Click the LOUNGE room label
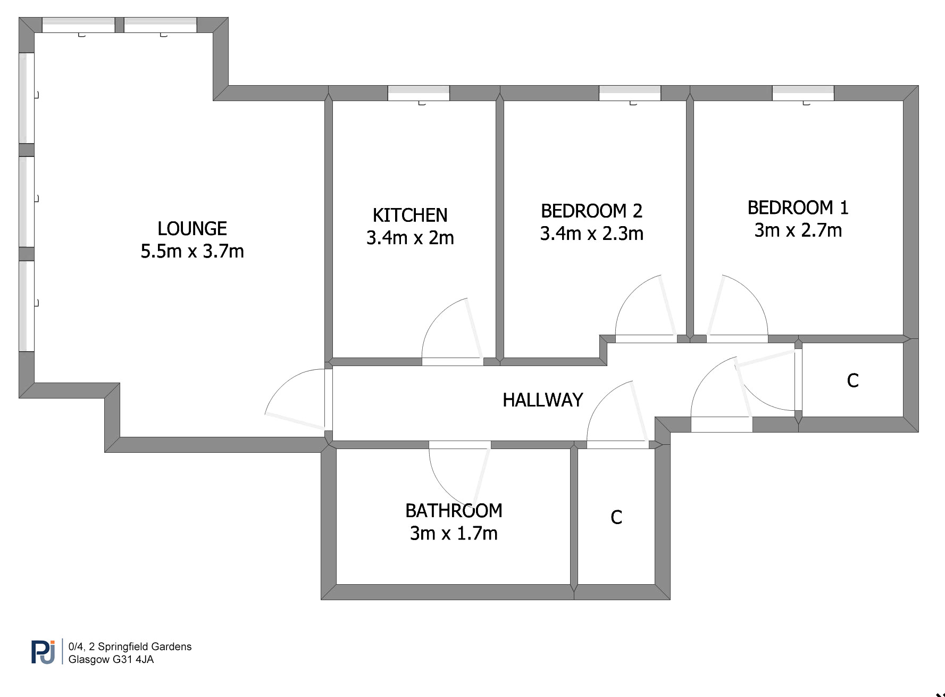[192, 229]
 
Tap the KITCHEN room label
[410, 215]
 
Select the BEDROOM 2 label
[591, 211]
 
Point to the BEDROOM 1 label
[798, 208]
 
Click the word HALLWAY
[542, 400]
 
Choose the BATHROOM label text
[454, 511]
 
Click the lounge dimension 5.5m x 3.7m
[192, 251]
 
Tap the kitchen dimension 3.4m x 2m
[410, 238]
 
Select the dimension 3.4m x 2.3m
[591, 234]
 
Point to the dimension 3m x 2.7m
[798, 230]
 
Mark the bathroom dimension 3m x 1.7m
[454, 533]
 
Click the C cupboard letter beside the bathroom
[616, 517]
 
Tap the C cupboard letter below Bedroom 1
[852, 380]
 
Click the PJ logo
[43, 652]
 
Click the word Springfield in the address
[117, 647]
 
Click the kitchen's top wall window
[419, 93]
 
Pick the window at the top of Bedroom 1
[803, 93]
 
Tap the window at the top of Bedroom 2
[630, 93]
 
